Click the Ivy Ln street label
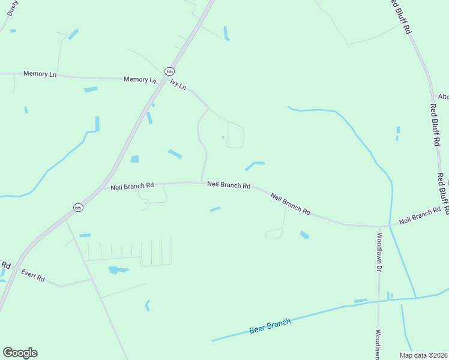pyautogui.click(x=178, y=85)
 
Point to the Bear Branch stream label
pyautogui.click(x=270, y=326)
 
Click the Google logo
pyautogui.click(x=20, y=353)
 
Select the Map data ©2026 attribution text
pyautogui.click(x=424, y=355)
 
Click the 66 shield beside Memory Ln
pyautogui.click(x=170, y=71)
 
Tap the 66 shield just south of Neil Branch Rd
pyautogui.click(x=78, y=207)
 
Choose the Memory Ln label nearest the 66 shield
pyautogui.click(x=139, y=79)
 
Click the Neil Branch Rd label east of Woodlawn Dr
pyautogui.click(x=424, y=216)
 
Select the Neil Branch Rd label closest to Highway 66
pyautogui.click(x=132, y=187)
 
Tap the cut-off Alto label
pyautogui.click(x=443, y=97)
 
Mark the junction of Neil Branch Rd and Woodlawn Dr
pyautogui.click(x=379, y=226)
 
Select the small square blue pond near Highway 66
pyautogui.click(x=134, y=159)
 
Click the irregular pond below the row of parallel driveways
pyautogui.click(x=116, y=270)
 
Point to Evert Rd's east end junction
pyautogui.click(x=91, y=279)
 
